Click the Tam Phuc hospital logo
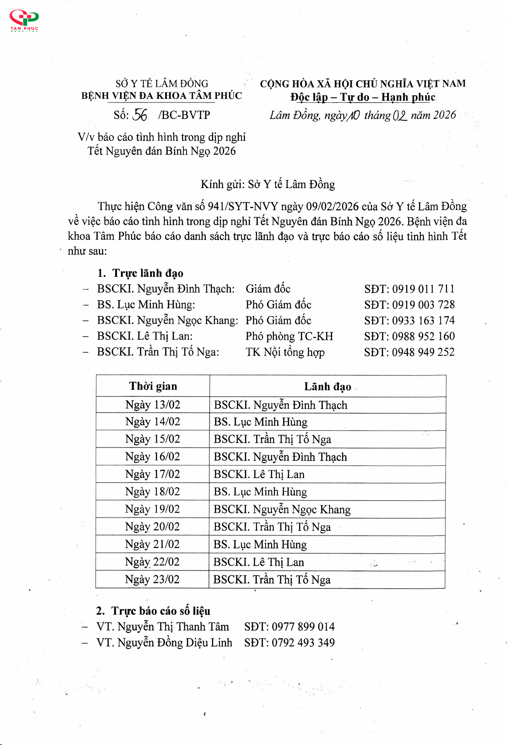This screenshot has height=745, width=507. (x=24, y=20)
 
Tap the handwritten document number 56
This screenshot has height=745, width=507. (x=140, y=115)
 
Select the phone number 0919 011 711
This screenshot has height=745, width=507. (x=423, y=289)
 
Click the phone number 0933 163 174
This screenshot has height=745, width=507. (x=423, y=320)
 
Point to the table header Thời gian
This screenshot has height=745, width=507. (x=153, y=386)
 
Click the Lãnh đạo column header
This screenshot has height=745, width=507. (x=327, y=386)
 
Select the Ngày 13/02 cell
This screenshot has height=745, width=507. (x=153, y=405)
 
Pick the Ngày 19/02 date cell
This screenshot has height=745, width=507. (x=153, y=509)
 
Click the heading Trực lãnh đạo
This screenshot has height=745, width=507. (x=147, y=273)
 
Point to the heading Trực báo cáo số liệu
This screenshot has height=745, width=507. (x=160, y=611)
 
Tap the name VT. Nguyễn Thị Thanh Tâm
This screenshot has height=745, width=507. (x=163, y=627)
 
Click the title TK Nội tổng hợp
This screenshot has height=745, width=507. (x=285, y=352)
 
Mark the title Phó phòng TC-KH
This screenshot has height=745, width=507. (x=289, y=336)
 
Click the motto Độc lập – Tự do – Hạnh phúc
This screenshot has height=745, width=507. (x=363, y=97)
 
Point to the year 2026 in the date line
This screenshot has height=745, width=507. (x=444, y=115)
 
